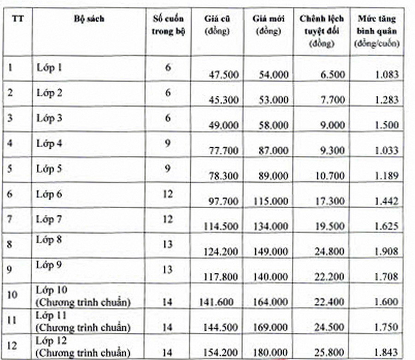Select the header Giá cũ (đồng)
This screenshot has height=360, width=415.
(217, 25)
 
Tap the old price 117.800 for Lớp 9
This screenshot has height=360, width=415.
(221, 277)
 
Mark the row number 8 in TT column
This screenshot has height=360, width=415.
(10, 245)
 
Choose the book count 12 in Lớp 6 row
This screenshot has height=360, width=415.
(168, 194)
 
